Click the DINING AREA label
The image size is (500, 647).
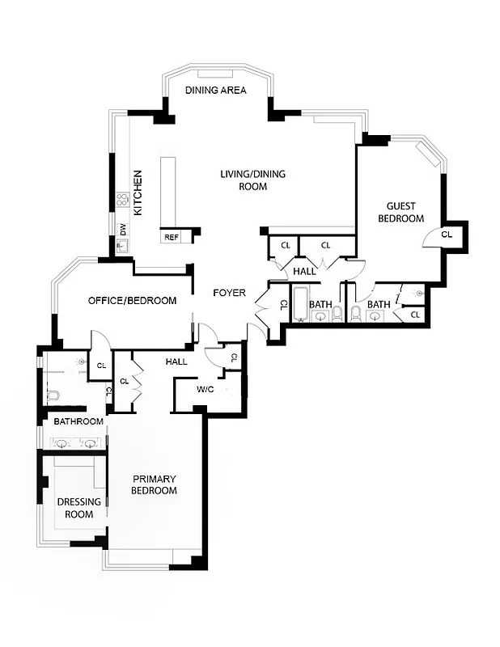click(215, 90)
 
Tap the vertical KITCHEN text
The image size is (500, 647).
click(138, 192)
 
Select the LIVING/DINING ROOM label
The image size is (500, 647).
click(252, 180)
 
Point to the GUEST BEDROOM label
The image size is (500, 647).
click(400, 212)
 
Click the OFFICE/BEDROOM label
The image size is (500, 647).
click(132, 301)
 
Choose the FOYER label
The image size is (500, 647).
click(229, 293)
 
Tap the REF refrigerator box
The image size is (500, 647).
click(172, 237)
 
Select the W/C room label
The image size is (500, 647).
click(205, 390)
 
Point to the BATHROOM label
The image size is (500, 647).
click(78, 421)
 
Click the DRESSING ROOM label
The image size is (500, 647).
click(79, 507)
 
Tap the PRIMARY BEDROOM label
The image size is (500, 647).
click(154, 484)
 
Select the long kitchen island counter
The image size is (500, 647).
click(168, 192)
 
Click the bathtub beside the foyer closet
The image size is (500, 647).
click(300, 303)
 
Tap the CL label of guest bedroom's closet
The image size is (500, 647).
click(447, 234)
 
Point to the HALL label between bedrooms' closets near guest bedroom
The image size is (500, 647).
click(304, 272)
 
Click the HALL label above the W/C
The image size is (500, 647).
click(176, 362)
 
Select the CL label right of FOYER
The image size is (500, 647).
click(282, 305)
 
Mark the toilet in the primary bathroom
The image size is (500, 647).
click(52, 395)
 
